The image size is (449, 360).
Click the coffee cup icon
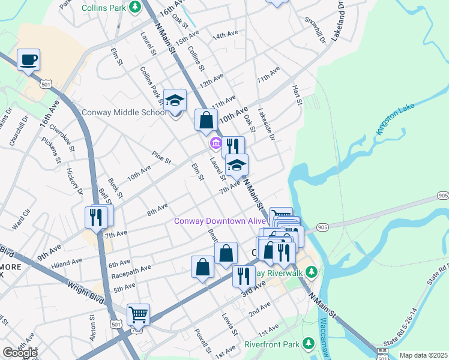(28, 60)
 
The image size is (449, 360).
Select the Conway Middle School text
(124, 112)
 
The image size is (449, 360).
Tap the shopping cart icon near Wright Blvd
(138, 314)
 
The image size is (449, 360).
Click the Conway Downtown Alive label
(219, 221)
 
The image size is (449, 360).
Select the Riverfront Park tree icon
(309, 344)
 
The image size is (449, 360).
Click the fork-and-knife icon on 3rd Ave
(243, 276)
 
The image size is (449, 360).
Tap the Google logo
(20, 353)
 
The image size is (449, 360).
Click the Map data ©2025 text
(423, 355)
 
